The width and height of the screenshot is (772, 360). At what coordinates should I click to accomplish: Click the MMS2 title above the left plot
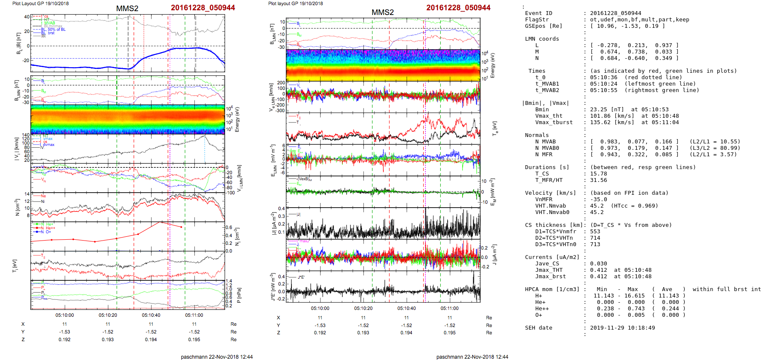click(x=127, y=9)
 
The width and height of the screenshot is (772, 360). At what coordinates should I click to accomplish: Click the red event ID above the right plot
click(x=458, y=8)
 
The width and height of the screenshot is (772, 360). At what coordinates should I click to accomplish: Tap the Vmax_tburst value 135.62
click(x=600, y=122)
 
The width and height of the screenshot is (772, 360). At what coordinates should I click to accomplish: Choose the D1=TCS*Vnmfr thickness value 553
click(x=595, y=232)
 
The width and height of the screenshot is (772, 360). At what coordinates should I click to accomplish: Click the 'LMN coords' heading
click(x=542, y=39)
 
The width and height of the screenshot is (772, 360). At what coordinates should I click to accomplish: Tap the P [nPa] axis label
click(x=239, y=295)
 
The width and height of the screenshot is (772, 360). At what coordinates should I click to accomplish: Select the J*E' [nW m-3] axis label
click(x=273, y=287)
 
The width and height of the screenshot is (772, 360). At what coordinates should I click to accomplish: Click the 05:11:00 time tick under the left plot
click(x=194, y=315)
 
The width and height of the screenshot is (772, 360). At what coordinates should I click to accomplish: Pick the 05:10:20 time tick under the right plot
click(x=363, y=308)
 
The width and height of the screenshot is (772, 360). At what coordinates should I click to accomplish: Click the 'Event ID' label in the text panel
click(x=538, y=13)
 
